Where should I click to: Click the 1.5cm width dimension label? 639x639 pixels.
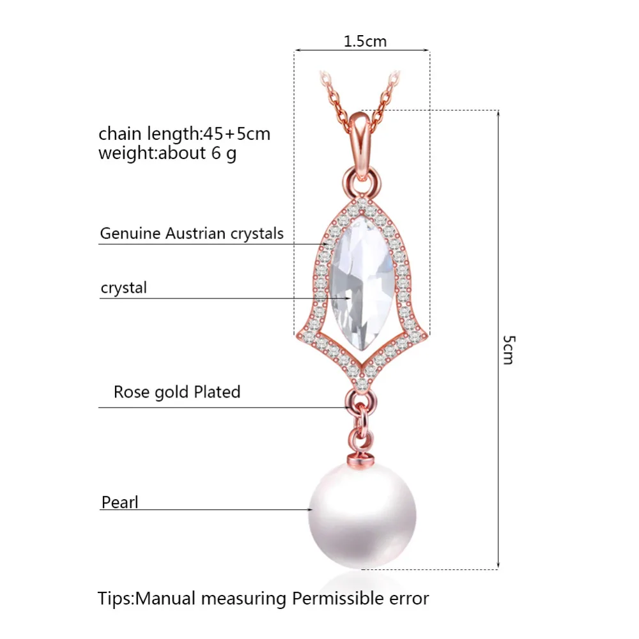click(x=365, y=42)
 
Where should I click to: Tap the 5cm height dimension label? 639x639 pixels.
click(x=507, y=349)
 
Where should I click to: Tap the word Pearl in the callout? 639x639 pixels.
click(x=119, y=502)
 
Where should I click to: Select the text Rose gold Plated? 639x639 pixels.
click(x=176, y=392)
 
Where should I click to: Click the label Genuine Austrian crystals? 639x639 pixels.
click(x=191, y=233)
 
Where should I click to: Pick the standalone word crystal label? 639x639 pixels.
click(x=123, y=288)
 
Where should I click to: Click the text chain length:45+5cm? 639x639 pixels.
click(x=184, y=134)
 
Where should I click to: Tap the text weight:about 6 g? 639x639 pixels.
click(x=167, y=153)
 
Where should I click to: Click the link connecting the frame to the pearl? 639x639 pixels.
click(x=360, y=419)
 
